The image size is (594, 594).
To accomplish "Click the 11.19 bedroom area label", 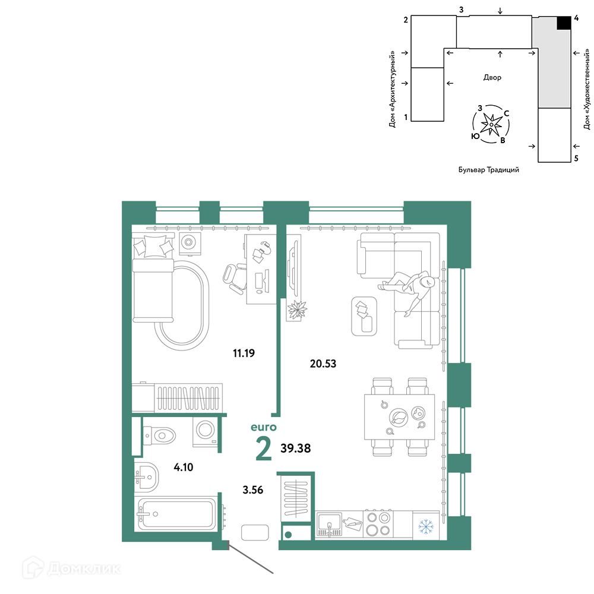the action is (x=244, y=353).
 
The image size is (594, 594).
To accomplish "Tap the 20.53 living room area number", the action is (x=323, y=364).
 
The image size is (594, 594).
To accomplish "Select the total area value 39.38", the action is (x=295, y=448).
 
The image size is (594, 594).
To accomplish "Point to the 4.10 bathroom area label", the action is (x=184, y=467).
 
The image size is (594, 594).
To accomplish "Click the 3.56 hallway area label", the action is (x=252, y=490).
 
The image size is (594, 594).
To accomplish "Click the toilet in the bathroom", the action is (x=159, y=435).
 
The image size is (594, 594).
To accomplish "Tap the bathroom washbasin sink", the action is (x=147, y=477).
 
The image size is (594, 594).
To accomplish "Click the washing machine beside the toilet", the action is (x=205, y=432).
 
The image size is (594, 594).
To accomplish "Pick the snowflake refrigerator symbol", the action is (x=426, y=526).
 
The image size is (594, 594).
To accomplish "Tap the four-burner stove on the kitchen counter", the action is (x=378, y=524).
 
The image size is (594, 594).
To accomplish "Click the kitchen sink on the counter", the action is (x=329, y=525).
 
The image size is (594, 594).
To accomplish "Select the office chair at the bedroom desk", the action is (x=235, y=278).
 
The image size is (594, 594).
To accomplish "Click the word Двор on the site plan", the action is (x=492, y=78).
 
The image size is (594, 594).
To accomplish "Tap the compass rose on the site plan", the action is (x=491, y=124).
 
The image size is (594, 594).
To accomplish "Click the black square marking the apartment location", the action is (x=564, y=23).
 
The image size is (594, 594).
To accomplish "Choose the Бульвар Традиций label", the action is (x=489, y=170).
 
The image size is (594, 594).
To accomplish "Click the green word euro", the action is (x=264, y=427).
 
